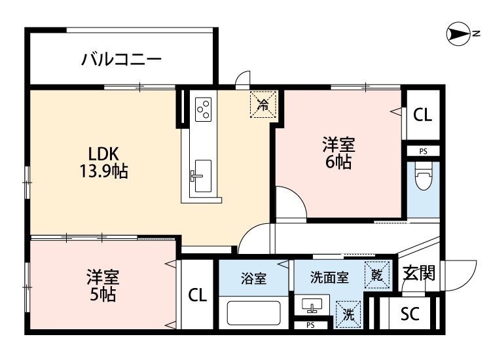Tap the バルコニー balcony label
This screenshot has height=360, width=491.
click(x=121, y=60)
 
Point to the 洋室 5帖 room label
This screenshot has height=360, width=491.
click(x=102, y=285)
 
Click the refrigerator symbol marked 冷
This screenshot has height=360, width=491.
click(x=263, y=103)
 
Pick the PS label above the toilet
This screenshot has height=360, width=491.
click(x=423, y=151)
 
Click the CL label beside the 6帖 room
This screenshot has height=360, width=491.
click(x=422, y=116)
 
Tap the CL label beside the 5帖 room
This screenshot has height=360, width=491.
click(x=197, y=295)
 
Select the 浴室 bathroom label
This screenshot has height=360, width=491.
click(x=253, y=278)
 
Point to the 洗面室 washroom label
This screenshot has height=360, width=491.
click(x=329, y=278)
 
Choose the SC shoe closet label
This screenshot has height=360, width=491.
click(x=409, y=314)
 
